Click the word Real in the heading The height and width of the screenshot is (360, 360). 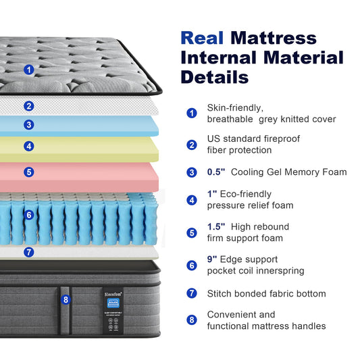tap(202, 37)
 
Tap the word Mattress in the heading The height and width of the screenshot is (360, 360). tap(273, 37)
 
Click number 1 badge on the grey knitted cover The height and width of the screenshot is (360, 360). tap(28, 69)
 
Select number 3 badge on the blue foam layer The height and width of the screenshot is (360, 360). tap(28, 124)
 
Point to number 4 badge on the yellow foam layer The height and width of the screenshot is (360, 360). tap(28, 145)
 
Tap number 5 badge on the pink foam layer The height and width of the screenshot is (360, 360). tap(28, 172)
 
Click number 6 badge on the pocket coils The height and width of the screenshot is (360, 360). tap(28, 215)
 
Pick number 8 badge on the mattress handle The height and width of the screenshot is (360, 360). tap(66, 299)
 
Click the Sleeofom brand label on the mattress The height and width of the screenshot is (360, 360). tap(111, 294)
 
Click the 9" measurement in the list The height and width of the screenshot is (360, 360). tap(214, 259)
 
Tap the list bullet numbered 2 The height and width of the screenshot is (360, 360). tap(192, 145)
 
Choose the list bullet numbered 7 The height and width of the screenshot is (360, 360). tap(192, 294)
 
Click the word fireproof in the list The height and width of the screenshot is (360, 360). tap(282, 138)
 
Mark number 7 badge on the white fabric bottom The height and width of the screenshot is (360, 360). tap(28, 252)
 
